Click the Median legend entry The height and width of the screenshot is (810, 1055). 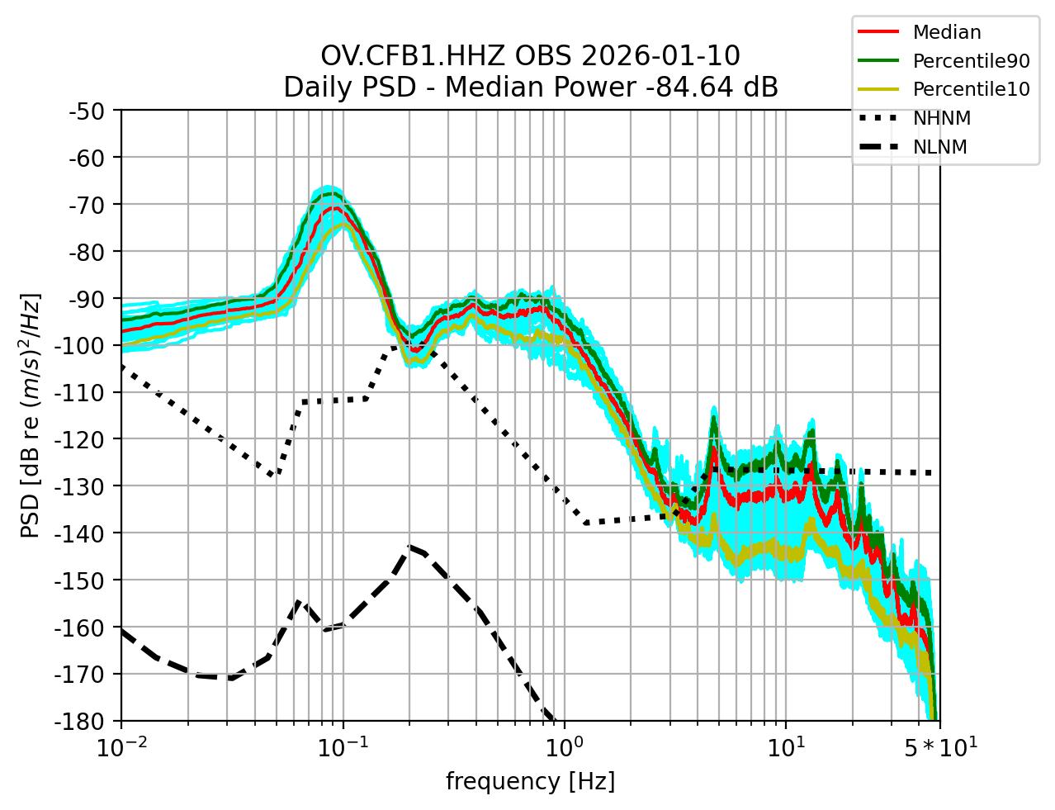click(946, 32)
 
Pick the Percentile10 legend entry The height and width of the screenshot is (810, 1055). click(971, 89)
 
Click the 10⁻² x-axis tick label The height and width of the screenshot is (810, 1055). click(121, 748)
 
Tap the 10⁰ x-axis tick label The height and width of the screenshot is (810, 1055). click(564, 748)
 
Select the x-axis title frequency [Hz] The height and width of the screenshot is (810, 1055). click(530, 781)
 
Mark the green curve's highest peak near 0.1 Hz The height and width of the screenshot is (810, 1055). click(330, 194)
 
